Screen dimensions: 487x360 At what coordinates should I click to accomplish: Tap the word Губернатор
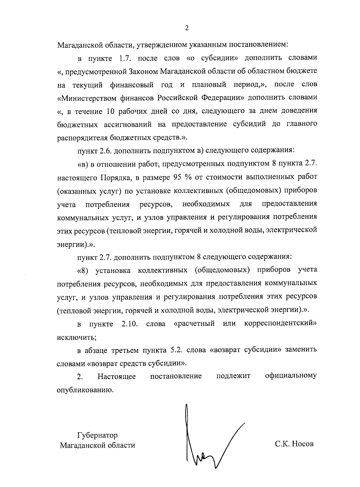97,435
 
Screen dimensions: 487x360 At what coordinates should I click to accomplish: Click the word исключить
76,337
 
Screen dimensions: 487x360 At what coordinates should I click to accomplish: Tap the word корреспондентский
280,324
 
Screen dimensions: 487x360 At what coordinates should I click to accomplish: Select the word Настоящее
116,376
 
